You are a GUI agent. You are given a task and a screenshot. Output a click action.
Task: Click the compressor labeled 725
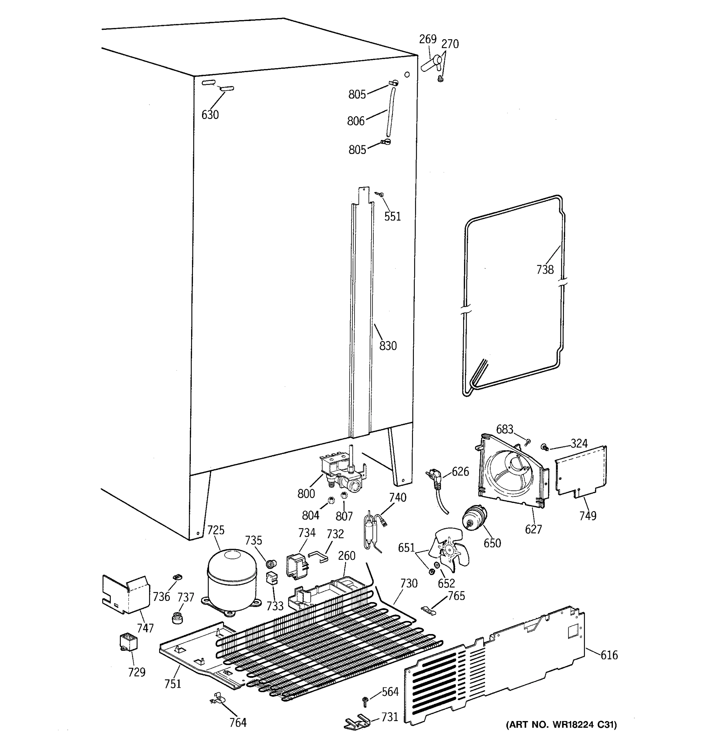pyautogui.click(x=232, y=580)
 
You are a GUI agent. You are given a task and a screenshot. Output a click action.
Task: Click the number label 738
pyautogui.click(x=545, y=270)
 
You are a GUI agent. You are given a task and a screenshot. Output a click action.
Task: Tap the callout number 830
pyautogui.click(x=388, y=346)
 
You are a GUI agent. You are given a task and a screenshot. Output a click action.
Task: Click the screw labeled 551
pyautogui.click(x=380, y=194)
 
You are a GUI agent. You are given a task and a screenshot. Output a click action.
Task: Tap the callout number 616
pyautogui.click(x=609, y=655)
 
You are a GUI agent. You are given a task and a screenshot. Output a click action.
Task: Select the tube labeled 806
pyautogui.click(x=391, y=113)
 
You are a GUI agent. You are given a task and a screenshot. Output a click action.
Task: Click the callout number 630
pyautogui.click(x=210, y=115)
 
